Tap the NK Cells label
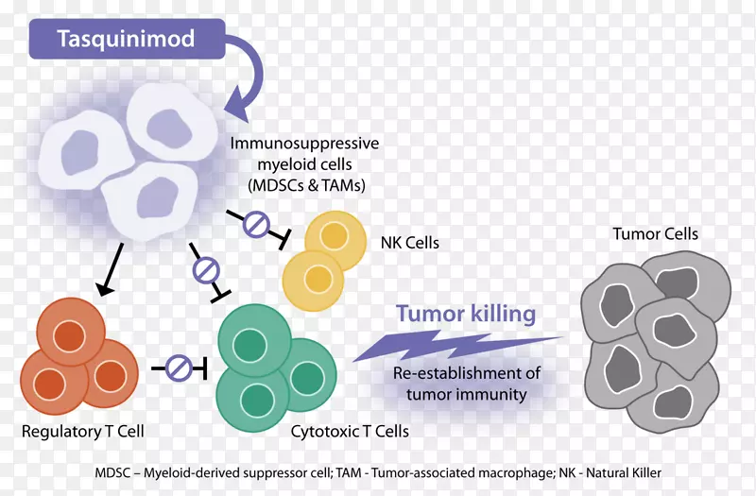click(x=408, y=244)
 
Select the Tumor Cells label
click(x=655, y=233)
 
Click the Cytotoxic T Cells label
click(x=351, y=432)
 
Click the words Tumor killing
click(x=466, y=314)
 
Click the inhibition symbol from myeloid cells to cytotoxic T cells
click(x=207, y=271)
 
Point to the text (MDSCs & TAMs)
click(x=304, y=184)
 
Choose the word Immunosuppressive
click(x=305, y=144)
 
